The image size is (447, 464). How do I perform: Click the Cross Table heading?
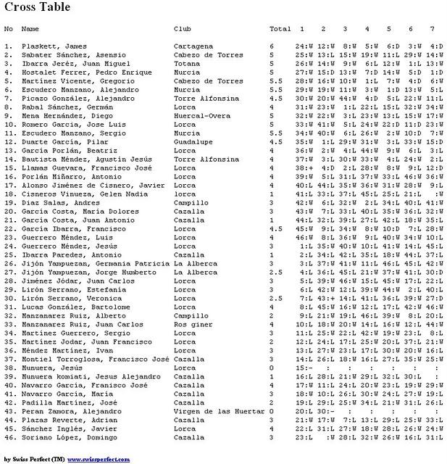point(38,8)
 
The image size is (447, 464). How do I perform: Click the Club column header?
point(182,29)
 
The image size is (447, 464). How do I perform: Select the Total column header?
point(280,29)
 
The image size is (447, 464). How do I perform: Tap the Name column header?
point(30,29)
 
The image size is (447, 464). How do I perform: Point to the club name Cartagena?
point(193,46)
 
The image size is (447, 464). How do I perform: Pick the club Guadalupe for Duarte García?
point(193,142)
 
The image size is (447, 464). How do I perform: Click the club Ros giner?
point(192,324)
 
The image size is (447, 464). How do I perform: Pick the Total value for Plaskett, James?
point(272,46)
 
